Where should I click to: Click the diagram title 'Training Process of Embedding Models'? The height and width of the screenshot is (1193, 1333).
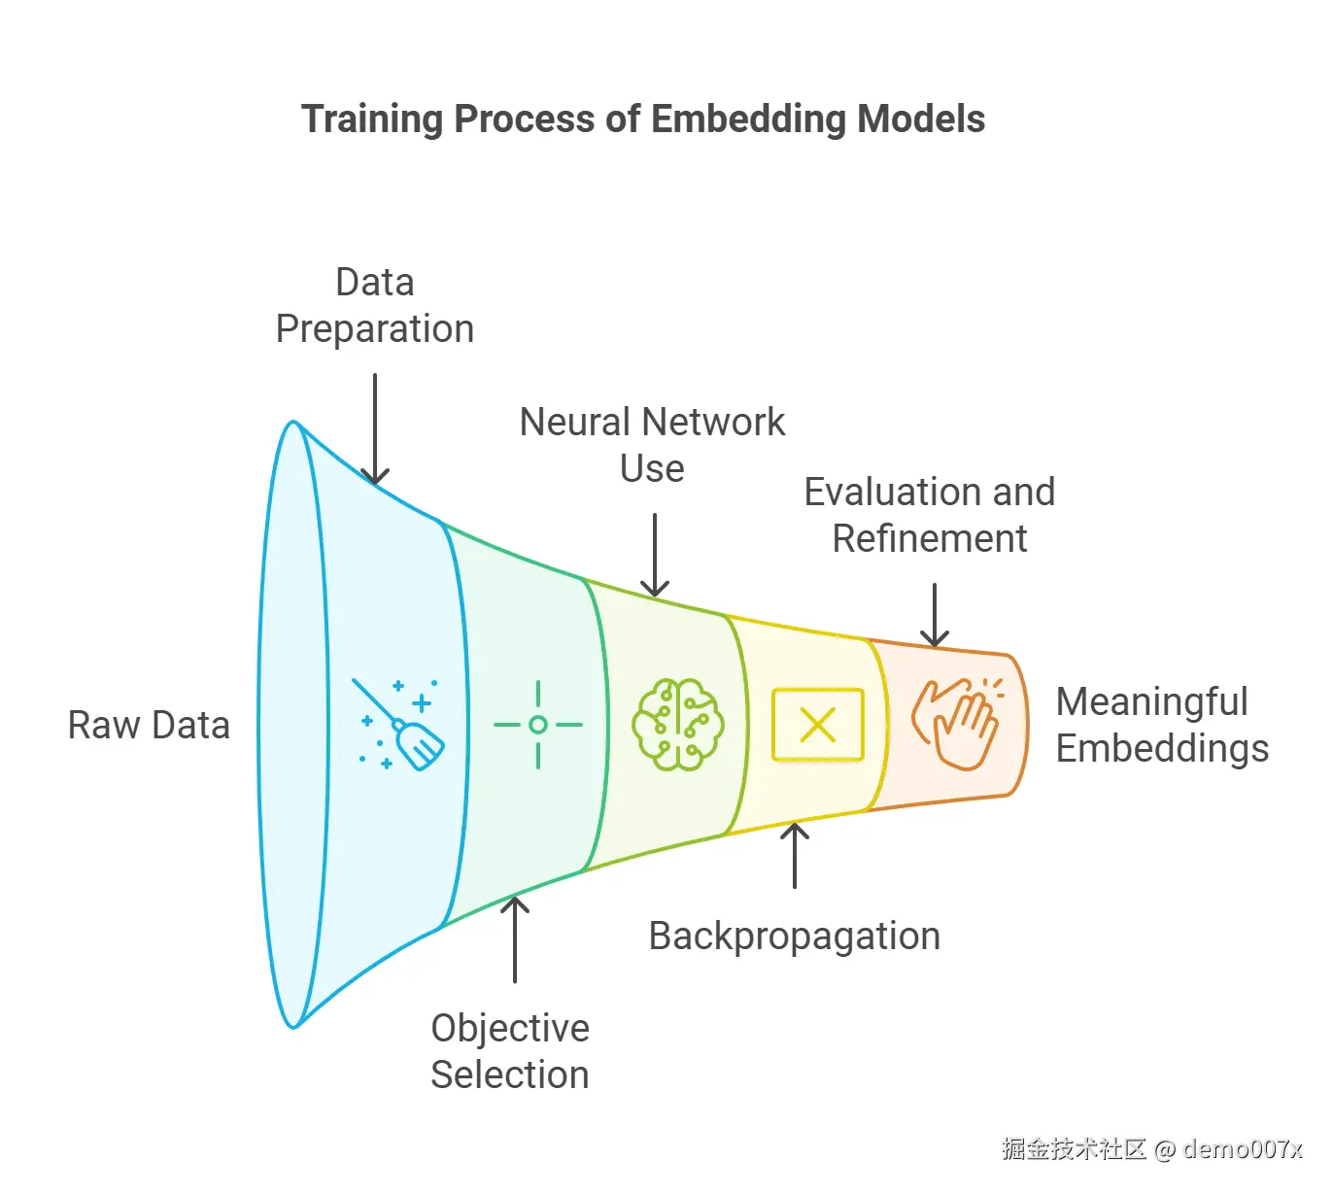642,119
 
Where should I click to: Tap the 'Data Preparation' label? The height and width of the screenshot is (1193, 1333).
375,306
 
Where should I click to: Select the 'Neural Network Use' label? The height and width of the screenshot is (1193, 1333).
652,445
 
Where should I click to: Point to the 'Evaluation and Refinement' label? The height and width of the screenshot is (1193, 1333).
929,515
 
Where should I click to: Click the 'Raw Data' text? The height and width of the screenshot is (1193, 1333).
149,726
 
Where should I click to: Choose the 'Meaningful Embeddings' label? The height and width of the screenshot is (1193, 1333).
1161,726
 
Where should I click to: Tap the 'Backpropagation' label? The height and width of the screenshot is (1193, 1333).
794,937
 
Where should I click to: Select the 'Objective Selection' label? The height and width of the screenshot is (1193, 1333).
510,1051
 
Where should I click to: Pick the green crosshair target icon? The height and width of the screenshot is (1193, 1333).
538,725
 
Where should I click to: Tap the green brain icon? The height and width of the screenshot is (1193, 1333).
677,725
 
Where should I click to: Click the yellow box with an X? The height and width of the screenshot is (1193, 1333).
817,725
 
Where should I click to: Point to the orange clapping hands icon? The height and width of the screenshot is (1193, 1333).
956,723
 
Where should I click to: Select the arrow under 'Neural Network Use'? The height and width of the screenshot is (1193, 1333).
655,555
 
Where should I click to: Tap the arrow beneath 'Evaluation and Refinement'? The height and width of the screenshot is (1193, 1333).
934,615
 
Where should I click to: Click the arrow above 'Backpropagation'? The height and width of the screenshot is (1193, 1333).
795,855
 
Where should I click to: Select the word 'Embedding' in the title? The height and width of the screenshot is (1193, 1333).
749,119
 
